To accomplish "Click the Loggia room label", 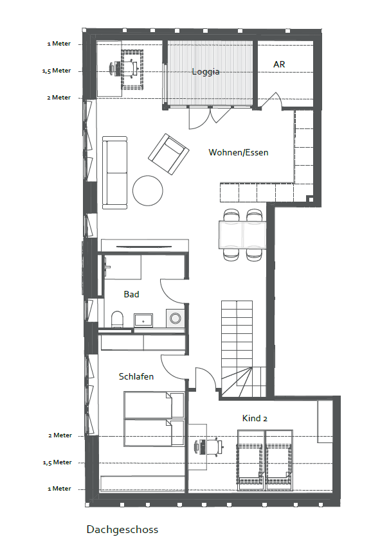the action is [206, 71].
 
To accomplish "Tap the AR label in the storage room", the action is [279, 65].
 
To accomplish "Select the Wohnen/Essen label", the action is [239, 152].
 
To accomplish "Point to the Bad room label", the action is [132, 294].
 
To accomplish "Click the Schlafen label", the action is [136, 376].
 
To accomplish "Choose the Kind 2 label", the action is [255, 418].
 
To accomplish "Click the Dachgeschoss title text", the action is [123, 529].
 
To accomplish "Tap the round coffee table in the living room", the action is [148, 191].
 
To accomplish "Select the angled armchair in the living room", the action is [168, 154].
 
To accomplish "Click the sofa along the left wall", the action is [115, 173].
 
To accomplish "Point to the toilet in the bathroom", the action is [117, 319].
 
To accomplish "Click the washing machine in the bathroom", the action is [175, 318].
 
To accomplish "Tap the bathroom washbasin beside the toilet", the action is [143, 320].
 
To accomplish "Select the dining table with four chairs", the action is [242, 235].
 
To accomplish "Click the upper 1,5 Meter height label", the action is [57, 71].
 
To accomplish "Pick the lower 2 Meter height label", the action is [60, 435].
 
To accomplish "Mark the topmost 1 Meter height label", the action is [59, 44].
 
